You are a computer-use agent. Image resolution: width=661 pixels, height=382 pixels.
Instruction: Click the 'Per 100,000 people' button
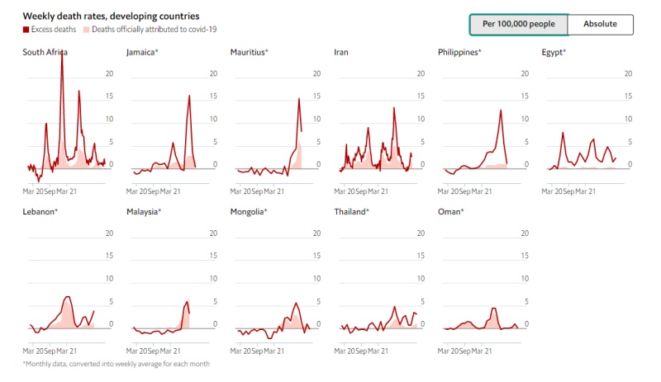pos(519,25)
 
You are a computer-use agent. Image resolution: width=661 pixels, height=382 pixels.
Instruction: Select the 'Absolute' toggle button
pos(600,25)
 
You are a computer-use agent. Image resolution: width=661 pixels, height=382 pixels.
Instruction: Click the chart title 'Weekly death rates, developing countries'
pos(111,16)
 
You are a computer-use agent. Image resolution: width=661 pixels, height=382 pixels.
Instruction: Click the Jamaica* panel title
pos(142,52)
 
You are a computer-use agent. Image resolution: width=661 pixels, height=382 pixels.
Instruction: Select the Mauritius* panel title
pos(250,52)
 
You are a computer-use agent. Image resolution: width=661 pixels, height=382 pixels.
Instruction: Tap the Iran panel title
pos(340,52)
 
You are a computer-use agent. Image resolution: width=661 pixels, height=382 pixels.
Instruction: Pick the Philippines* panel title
pos(459,52)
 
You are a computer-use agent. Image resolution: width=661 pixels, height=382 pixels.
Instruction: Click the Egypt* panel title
pos(554,52)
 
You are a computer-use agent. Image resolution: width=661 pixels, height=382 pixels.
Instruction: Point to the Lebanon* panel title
pos(40,212)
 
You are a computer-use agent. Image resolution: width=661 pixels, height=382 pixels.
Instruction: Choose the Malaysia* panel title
pos(144,212)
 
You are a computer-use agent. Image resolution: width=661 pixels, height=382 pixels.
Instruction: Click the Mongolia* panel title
pos(249,212)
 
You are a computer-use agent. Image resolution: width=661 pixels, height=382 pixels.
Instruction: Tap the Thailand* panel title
pos(351,212)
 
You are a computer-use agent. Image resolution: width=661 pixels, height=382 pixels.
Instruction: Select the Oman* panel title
pos(450,212)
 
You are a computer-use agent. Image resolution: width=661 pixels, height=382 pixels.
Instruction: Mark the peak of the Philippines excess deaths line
pos(501,110)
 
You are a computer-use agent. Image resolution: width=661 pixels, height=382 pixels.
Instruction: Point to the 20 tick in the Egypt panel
pos(628,73)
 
